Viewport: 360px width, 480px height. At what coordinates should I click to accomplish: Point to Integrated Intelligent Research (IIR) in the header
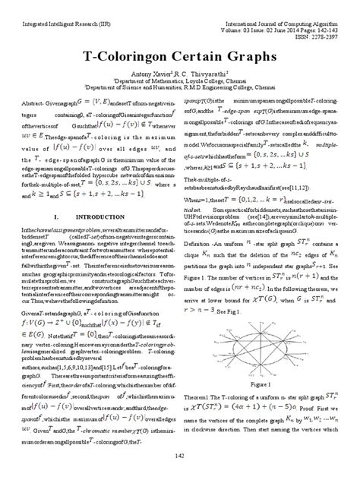[x=55, y=10]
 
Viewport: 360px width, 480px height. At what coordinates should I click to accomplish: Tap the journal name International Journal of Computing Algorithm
[x=281, y=10]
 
